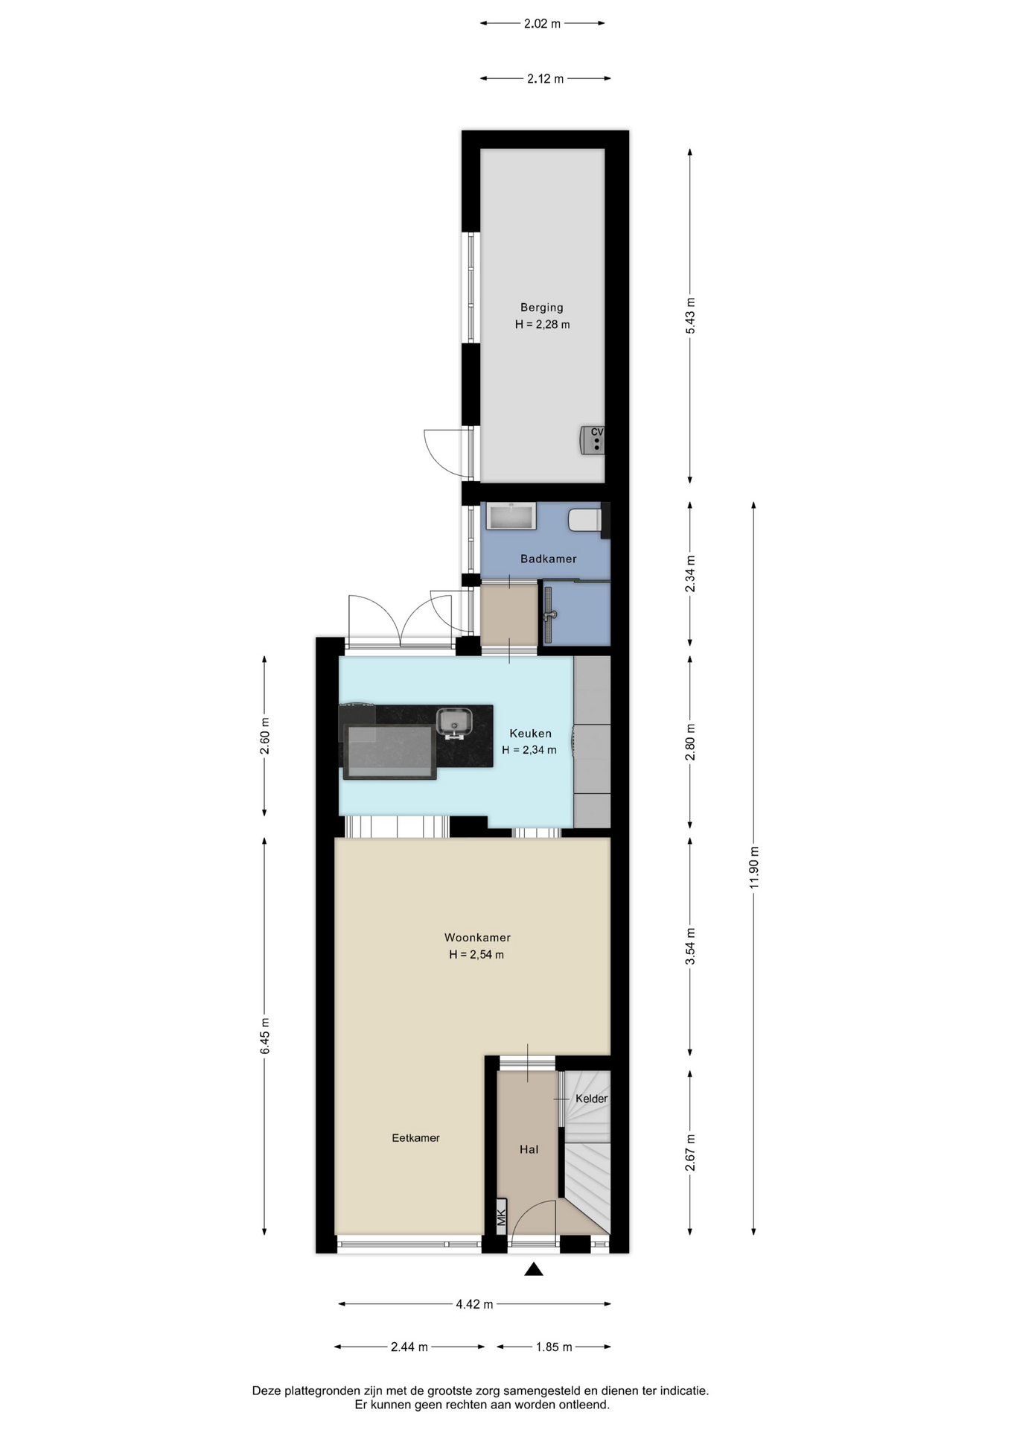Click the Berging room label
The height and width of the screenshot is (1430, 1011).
[x=542, y=308]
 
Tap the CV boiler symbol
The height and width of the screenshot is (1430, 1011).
[x=593, y=440]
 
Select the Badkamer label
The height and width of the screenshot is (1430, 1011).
[x=549, y=559]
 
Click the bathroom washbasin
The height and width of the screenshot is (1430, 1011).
[x=511, y=516]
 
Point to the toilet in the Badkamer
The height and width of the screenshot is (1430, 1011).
[x=585, y=520]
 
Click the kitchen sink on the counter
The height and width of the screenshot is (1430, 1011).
[x=454, y=722]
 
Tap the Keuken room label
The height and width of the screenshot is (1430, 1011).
[x=530, y=734]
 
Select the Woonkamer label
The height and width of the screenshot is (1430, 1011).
[x=477, y=938]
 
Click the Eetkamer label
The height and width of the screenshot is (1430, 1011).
[x=415, y=1138]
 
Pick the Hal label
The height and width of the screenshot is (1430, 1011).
[x=529, y=1150]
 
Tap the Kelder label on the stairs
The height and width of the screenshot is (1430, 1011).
[x=592, y=1099]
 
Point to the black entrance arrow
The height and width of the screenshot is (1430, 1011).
[x=533, y=1269]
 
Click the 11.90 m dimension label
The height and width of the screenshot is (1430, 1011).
[x=754, y=868]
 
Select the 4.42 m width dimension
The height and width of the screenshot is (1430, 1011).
[x=475, y=1304]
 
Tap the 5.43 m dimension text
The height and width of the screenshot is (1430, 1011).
[x=690, y=317]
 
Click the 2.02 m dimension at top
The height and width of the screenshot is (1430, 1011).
[x=542, y=24]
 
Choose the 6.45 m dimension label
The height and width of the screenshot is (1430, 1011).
[x=265, y=1036]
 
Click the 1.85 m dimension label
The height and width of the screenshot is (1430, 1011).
[x=554, y=1347]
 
